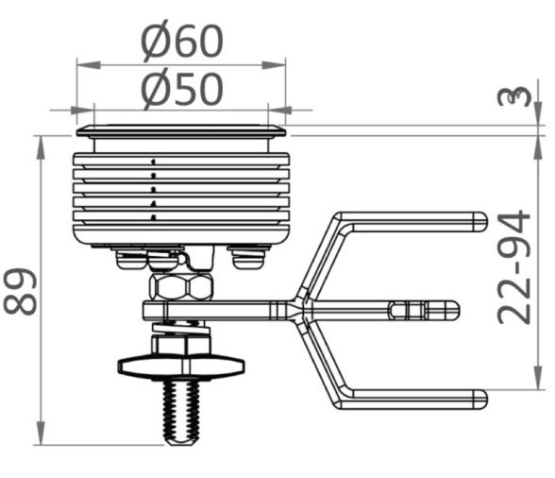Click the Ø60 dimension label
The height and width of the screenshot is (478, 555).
pyautogui.click(x=182, y=42)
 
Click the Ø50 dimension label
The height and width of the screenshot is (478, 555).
pyautogui.click(x=182, y=90)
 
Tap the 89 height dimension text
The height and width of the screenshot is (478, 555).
pyautogui.click(x=21, y=292)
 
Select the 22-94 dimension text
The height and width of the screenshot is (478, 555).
pyautogui.click(x=513, y=267)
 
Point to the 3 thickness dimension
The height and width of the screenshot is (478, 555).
pyautogui.click(x=514, y=96)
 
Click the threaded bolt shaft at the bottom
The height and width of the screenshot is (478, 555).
pyautogui.click(x=181, y=413)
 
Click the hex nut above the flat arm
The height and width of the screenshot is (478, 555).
pyautogui.click(x=181, y=286)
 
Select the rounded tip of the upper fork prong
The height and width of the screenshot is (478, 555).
pyautogui.click(x=480, y=222)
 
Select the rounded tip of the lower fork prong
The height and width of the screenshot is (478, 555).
pyautogui.click(x=480, y=400)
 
